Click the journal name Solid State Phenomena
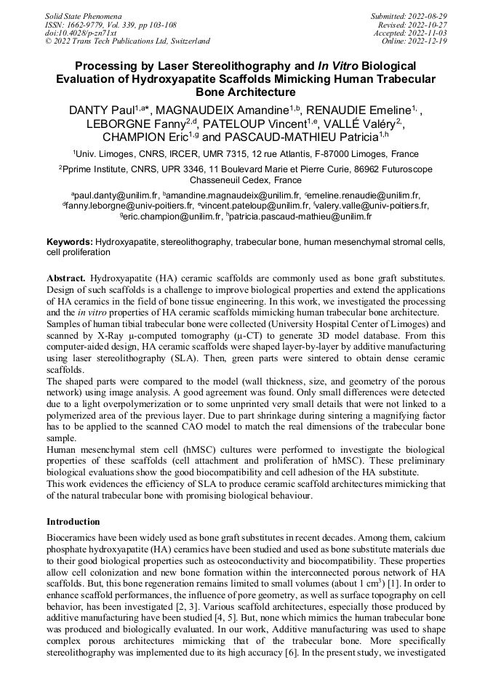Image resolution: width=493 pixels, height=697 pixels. point(83,15)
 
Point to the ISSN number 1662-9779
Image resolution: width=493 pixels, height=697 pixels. point(92,24)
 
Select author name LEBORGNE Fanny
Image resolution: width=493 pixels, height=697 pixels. point(135,124)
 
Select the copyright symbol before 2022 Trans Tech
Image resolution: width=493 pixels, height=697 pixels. point(49,41)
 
